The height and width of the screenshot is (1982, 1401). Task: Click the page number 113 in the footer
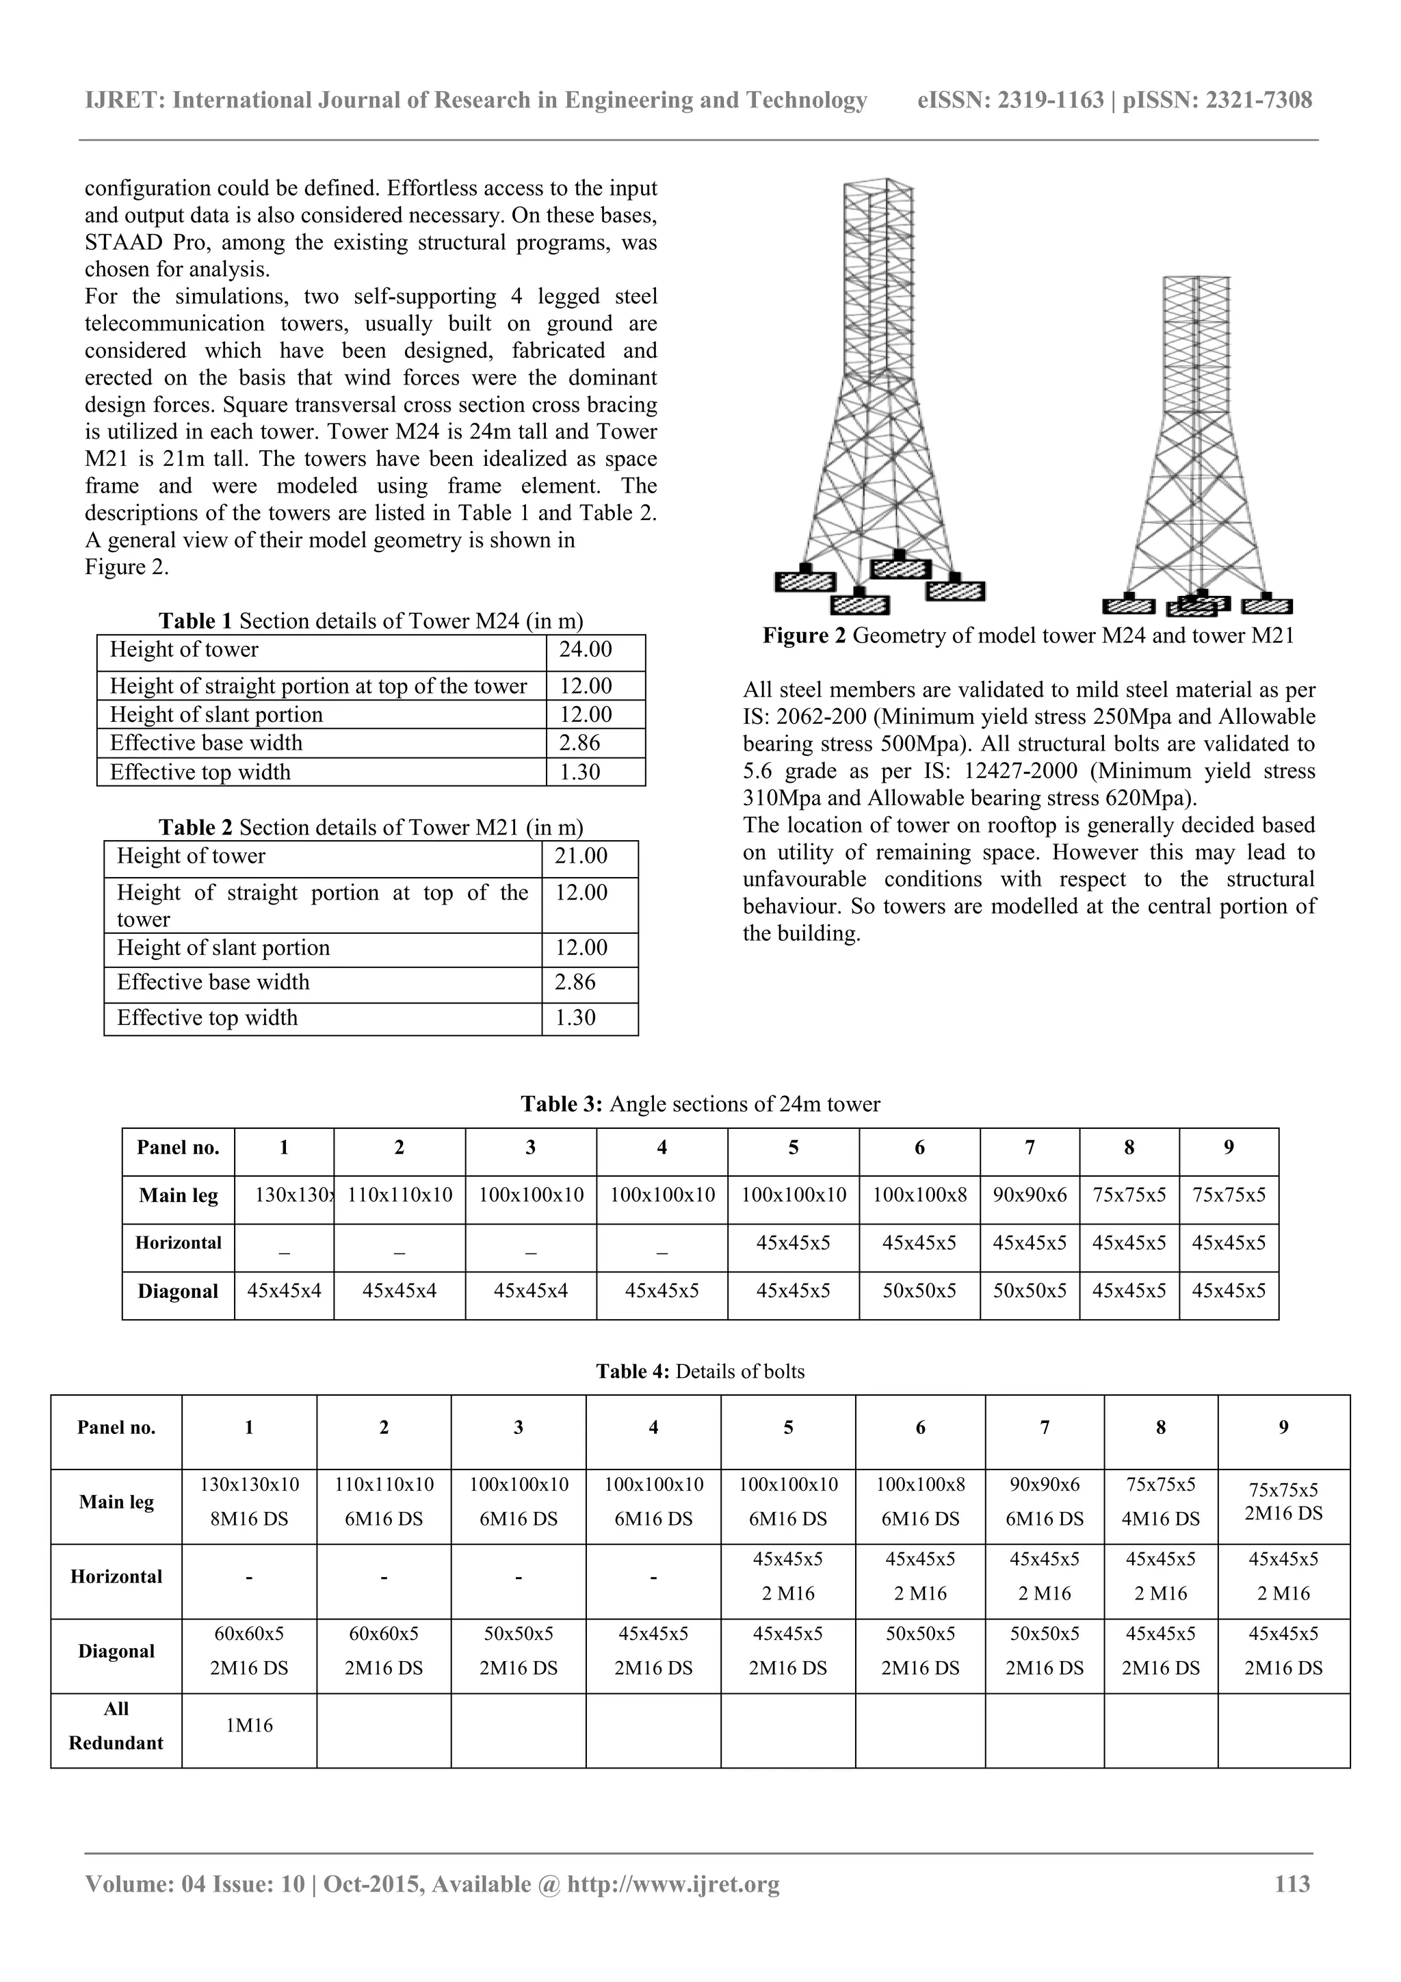point(1292,1883)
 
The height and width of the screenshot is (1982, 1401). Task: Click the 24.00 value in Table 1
point(586,650)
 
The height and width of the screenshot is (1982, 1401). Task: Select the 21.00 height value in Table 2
point(580,857)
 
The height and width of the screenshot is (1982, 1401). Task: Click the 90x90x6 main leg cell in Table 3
point(1029,1196)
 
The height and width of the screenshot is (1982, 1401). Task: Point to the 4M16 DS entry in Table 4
point(1160,1518)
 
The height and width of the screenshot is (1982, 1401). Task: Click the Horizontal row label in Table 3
point(178,1243)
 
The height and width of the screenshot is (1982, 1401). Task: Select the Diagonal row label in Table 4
point(116,1652)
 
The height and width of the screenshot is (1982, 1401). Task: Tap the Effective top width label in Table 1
point(200,772)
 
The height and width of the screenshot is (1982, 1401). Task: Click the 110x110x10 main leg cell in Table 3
point(400,1196)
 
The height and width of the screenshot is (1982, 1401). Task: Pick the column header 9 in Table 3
point(1229,1148)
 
